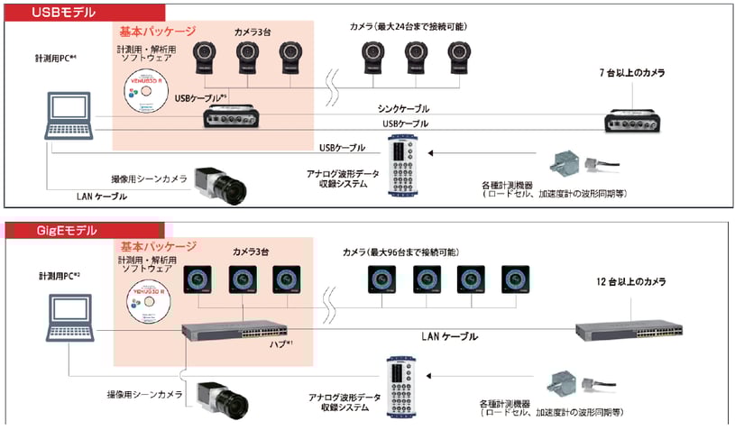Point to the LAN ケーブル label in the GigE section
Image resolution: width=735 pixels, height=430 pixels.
(449, 335)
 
